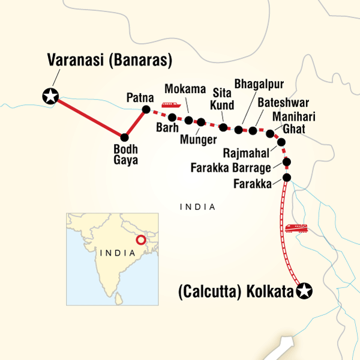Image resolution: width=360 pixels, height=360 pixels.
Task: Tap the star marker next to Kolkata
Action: pos(305,292)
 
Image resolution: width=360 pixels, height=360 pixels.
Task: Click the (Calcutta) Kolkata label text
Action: pos(233,292)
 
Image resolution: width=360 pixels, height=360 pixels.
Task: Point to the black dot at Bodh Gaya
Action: pos(125,137)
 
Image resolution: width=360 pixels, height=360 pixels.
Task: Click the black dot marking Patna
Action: pos(145,110)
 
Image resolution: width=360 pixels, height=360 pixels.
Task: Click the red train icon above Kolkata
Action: pos(297,228)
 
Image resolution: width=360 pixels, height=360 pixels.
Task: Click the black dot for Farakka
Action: pos(287,178)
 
